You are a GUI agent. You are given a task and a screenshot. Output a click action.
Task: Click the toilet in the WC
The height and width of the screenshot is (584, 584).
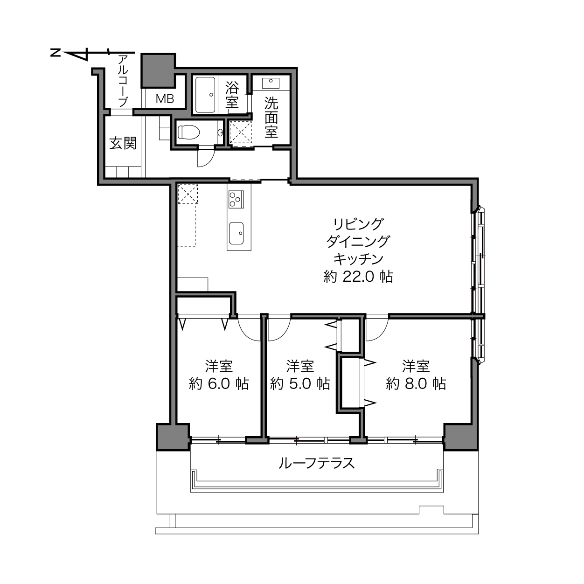188,132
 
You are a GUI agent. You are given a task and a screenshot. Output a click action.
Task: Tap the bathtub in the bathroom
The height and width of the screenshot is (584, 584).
205,95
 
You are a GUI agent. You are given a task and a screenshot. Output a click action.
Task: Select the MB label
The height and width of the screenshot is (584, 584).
165,98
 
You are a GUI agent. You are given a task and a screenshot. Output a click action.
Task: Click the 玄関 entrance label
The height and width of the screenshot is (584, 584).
123,143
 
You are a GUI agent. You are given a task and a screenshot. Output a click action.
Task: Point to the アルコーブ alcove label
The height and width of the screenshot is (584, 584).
123,81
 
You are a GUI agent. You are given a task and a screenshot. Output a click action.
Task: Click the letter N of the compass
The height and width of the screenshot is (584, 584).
55,53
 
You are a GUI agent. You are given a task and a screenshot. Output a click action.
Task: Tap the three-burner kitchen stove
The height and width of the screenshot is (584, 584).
236,199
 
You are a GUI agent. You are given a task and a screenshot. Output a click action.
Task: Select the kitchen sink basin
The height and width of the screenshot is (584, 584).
236,233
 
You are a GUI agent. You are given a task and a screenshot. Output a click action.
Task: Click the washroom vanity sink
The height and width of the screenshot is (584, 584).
271,83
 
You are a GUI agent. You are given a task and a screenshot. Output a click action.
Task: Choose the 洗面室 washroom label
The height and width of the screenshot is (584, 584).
271,117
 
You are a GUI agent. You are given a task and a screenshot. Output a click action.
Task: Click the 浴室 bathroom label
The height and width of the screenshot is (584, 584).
232,95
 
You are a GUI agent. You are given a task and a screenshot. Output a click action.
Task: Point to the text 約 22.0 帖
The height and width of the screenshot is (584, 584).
358,277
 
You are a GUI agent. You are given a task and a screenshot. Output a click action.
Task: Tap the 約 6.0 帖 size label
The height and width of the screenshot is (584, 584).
219,384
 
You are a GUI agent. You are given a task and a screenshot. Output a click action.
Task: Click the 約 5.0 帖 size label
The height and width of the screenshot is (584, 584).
300,384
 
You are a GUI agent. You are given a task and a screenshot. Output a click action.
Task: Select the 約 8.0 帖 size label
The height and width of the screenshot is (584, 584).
416,384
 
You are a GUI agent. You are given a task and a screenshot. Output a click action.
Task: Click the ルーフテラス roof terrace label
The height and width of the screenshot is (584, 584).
317,463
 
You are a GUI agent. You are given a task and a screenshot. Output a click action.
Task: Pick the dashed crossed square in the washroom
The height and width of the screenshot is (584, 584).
241,132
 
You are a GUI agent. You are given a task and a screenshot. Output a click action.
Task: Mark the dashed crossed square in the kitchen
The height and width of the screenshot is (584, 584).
188,194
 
